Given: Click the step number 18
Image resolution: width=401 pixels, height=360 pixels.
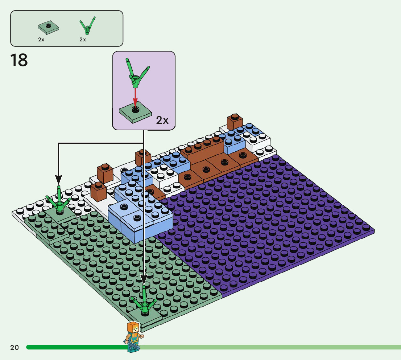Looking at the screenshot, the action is tap(19, 60).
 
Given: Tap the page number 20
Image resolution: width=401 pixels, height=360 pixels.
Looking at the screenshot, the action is tap(15, 348).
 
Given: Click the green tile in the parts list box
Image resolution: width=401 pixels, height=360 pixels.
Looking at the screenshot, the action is tap(48, 26).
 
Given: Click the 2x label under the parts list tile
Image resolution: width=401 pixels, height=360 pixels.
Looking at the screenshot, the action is tap(41, 40).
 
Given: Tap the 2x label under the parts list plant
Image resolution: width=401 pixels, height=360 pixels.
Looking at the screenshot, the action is tap(83, 40).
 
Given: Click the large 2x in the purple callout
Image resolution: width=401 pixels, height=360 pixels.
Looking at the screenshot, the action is tap(162, 120).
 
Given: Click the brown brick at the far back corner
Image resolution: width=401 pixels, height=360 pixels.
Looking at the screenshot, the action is tap(235, 121).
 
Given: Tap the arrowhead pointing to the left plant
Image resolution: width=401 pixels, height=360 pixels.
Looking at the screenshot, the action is tap(58, 179).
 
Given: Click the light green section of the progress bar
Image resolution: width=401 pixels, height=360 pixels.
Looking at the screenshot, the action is tap(272, 347).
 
